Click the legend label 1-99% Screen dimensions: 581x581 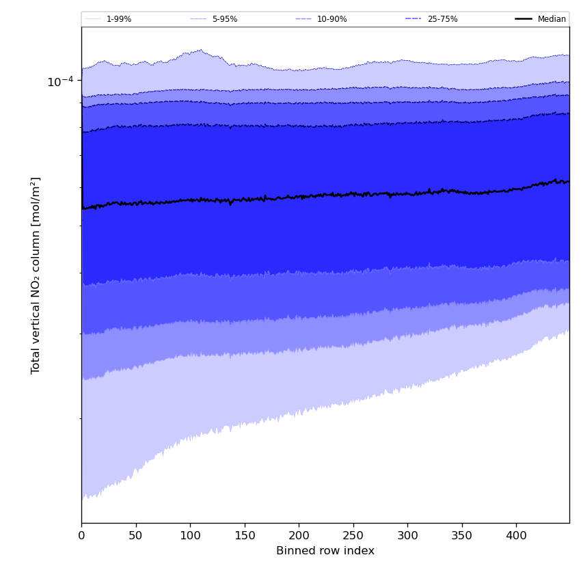(119, 19)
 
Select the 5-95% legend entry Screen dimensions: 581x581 (225, 19)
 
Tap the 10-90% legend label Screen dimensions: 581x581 (332, 19)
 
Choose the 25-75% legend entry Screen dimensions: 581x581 (442, 19)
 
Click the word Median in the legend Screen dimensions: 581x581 (552, 19)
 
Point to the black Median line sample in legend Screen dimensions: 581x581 (524, 19)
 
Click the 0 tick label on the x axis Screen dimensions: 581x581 (81, 536)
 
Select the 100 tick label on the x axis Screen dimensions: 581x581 (190, 536)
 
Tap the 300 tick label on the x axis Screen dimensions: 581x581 (407, 536)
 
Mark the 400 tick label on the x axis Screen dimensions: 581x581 (516, 536)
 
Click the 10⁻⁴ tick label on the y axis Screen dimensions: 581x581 (59, 82)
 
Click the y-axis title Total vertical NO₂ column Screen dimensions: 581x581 (36, 275)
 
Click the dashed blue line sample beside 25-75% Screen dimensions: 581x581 (414, 19)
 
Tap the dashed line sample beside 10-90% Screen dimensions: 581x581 (303, 19)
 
